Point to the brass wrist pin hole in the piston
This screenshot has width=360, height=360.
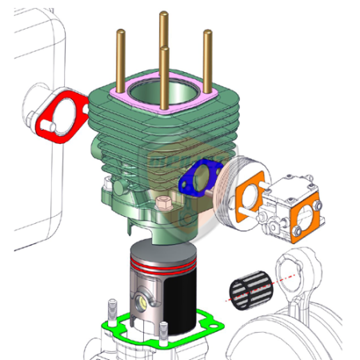coord(143,302)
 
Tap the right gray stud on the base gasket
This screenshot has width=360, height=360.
coord(163,332)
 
